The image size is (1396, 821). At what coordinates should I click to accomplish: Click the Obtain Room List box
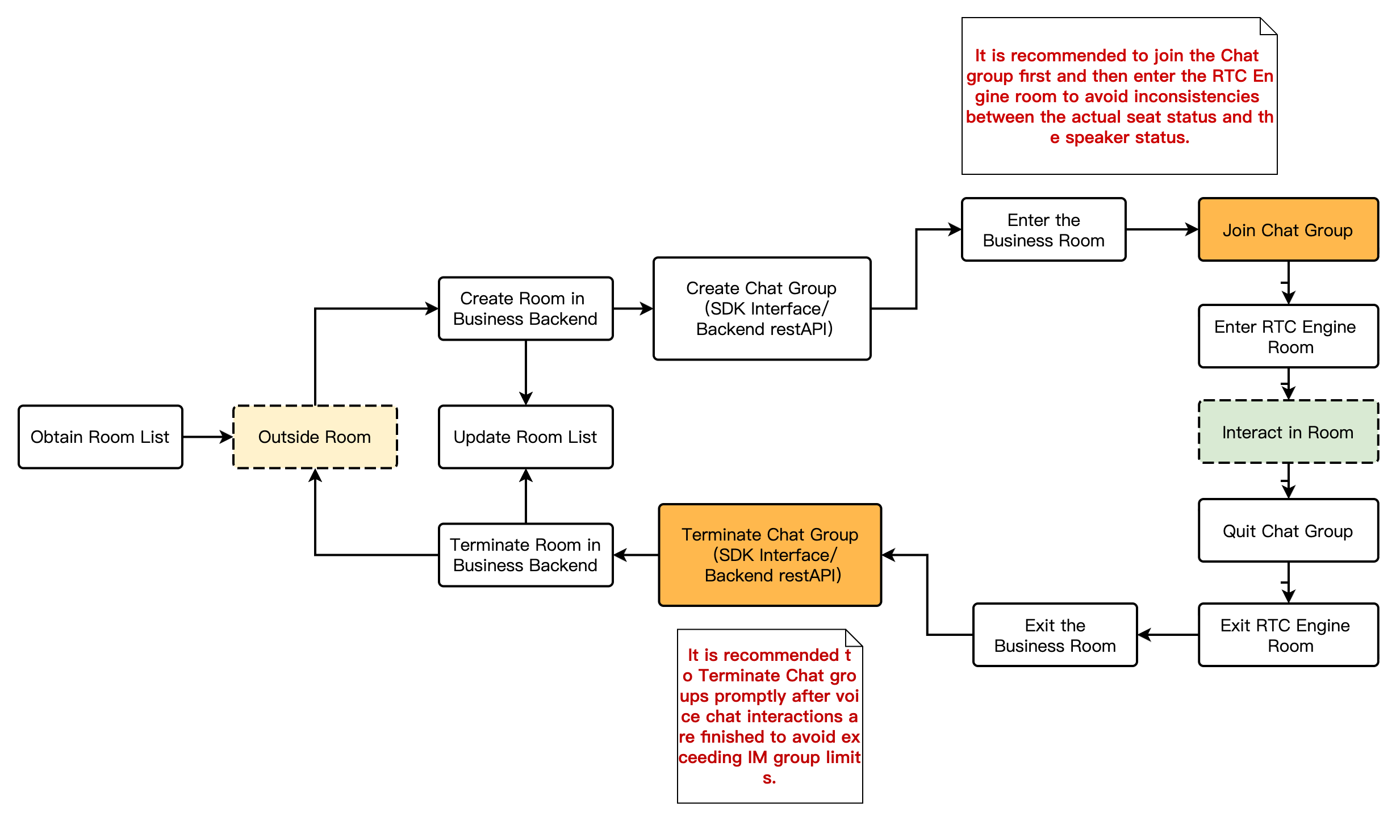coord(100,437)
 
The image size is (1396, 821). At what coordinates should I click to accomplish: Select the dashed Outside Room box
coord(315,437)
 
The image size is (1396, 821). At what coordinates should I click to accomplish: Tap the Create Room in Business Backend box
coord(525,308)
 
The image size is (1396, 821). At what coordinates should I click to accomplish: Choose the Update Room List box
coord(525,437)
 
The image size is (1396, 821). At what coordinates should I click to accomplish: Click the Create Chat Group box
coord(762,308)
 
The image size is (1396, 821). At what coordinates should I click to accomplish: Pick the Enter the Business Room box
coord(1043,230)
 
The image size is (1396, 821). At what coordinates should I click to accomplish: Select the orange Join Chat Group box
coord(1288,230)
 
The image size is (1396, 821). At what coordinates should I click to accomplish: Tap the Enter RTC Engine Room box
coord(1288,337)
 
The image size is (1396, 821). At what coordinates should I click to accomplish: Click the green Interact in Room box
coord(1288,432)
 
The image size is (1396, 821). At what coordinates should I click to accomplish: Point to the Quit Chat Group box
coord(1288,531)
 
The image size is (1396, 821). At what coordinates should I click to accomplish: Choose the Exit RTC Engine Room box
coord(1288,635)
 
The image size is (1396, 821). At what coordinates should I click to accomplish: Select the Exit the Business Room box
coord(1055,635)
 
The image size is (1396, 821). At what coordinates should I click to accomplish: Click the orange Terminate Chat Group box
coord(770,555)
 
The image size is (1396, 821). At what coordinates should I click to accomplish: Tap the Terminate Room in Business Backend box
coord(525,555)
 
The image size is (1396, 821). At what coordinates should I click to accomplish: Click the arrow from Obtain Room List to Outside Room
coord(208,437)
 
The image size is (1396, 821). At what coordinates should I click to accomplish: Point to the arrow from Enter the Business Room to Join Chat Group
coord(1162,230)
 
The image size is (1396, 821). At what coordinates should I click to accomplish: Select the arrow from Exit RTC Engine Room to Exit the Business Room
coord(1168,635)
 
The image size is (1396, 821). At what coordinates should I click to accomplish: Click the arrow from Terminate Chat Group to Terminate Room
coord(636,555)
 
